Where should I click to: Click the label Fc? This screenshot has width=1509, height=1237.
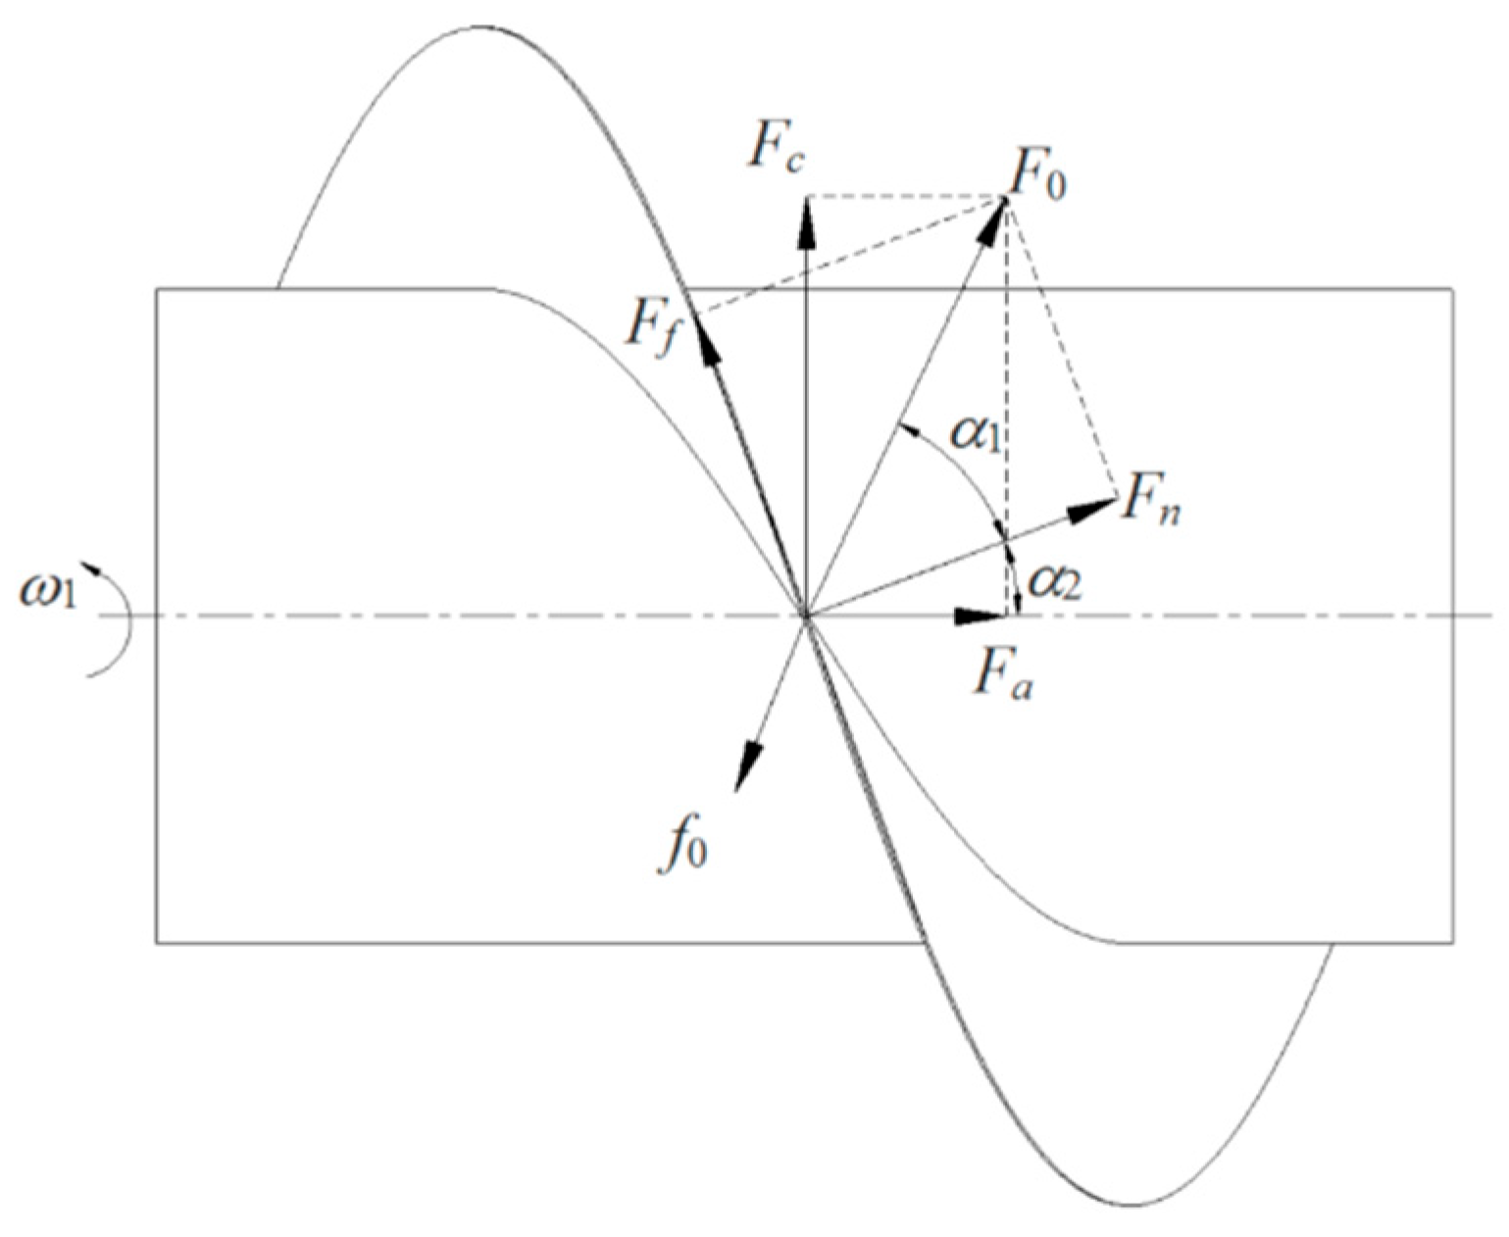[x=778, y=150]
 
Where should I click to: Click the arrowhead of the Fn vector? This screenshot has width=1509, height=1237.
[x=1096, y=508]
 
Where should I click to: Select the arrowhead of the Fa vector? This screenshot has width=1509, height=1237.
[x=982, y=617]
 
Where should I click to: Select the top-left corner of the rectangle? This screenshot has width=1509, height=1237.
[x=157, y=288]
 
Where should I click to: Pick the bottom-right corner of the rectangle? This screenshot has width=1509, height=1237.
[x=1452, y=943]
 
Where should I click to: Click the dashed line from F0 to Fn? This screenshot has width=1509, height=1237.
[x=1062, y=349]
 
